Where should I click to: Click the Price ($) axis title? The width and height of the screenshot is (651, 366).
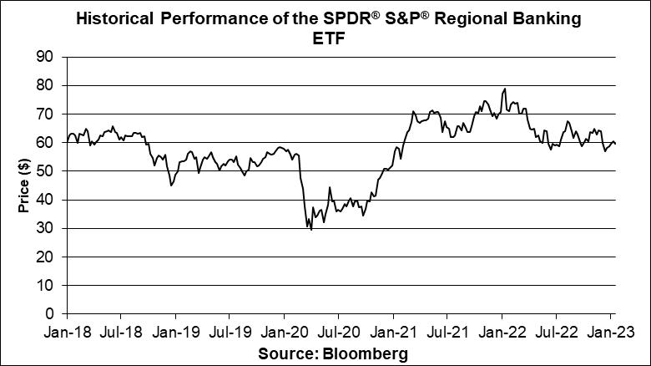[25, 186]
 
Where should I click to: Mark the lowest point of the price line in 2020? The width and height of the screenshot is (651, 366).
[311, 229]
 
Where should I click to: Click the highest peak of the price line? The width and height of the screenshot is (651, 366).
[505, 89]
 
